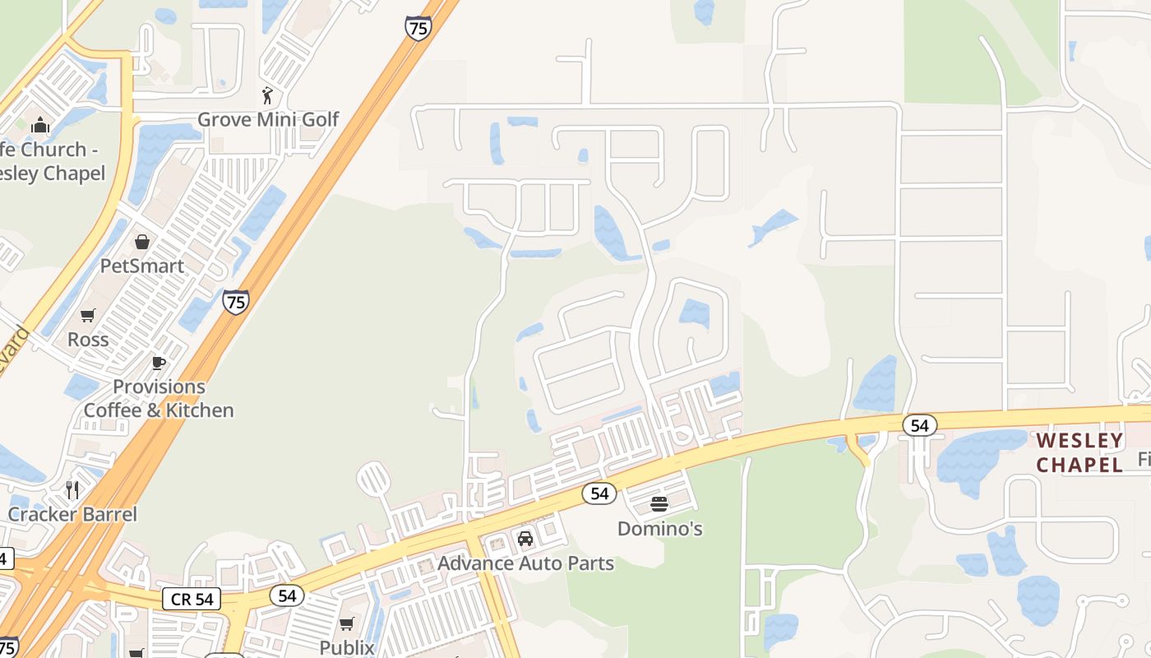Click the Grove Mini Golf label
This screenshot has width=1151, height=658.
coord(268,119)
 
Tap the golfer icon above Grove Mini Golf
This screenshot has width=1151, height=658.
coord(267,95)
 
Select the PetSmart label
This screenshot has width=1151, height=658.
coord(142,266)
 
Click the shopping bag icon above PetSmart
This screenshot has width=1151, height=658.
coord(142,242)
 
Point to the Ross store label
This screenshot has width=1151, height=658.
coord(88,339)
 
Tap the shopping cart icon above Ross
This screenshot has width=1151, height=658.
coord(88,315)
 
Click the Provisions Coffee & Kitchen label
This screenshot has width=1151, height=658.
coord(159,398)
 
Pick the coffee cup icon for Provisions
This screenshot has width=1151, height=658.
coord(159,363)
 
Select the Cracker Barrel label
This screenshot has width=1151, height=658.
coord(73,514)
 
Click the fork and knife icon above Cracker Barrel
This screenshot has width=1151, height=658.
coord(73,490)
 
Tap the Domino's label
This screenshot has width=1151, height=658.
coord(659,528)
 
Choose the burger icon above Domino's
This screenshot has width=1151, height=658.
coord(659,503)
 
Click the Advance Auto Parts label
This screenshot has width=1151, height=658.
coord(525,563)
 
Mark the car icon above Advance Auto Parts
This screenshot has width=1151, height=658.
coord(525,540)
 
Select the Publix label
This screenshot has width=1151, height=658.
coord(347,647)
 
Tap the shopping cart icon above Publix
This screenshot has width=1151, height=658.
coord(347,623)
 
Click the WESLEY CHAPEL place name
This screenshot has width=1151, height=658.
coord(1079,452)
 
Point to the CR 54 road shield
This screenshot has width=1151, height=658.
coord(192,599)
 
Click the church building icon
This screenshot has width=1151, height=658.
coord(39,126)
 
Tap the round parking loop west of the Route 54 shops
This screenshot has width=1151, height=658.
coord(373,478)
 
